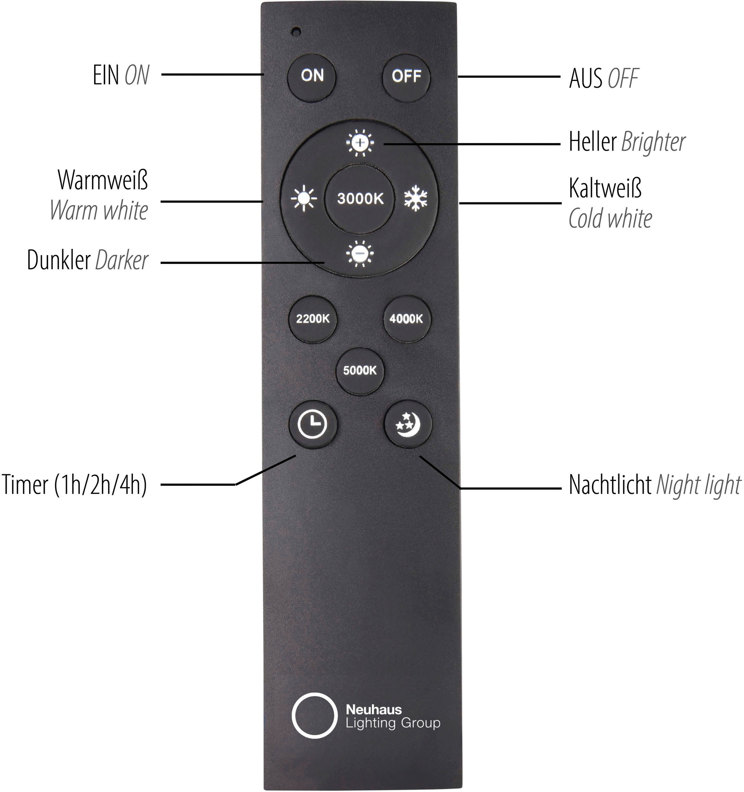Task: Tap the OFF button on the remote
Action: pos(406,76)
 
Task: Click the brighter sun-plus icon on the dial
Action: pos(360,143)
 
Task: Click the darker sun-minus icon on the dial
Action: pos(360,253)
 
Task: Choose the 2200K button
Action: pos(312,319)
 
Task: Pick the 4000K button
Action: pos(406,319)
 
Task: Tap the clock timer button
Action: pos(312,424)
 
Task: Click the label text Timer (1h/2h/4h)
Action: pos(74,485)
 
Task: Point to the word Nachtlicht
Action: pos(610,485)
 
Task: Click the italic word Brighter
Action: pos(653,142)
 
